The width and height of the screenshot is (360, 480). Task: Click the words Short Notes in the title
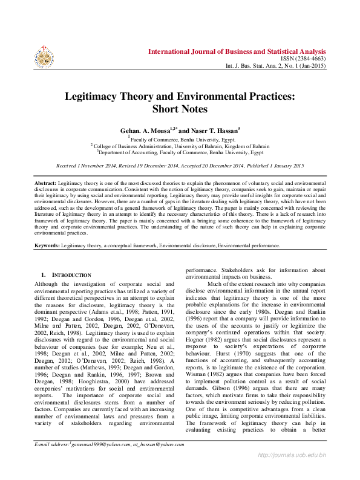pyautogui.click(x=180, y=109)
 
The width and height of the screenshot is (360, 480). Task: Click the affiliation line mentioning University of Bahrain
pyautogui.click(x=180, y=146)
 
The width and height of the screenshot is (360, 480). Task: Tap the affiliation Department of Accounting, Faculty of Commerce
pyautogui.click(x=180, y=152)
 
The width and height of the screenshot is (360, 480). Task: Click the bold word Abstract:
pyautogui.click(x=45, y=183)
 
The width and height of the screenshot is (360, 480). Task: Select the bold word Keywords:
pyautogui.click(x=47, y=246)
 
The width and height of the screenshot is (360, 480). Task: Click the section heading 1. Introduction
pyautogui.click(x=66, y=275)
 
